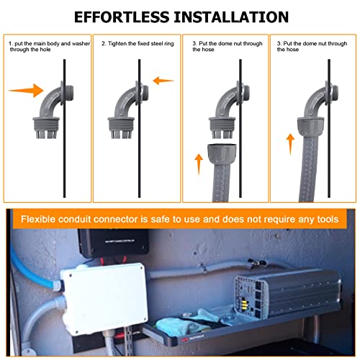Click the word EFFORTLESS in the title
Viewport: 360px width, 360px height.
[x=122, y=17]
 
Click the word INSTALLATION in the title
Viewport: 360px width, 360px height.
[x=231, y=17]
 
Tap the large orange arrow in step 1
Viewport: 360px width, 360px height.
[x=26, y=91]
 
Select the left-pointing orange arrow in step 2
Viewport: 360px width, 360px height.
[x=163, y=81]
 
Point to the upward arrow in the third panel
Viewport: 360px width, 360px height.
[x=199, y=164]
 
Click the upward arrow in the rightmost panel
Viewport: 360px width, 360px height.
[x=290, y=144]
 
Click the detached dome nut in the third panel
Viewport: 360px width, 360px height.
[x=222, y=154]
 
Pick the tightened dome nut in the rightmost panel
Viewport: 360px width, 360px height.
[x=311, y=127]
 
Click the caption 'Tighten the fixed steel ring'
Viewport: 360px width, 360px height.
[x=138, y=44]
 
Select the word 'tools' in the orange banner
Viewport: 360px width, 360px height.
[x=328, y=220]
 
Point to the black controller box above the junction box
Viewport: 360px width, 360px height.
[x=113, y=243]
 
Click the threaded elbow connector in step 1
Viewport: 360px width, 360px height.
[x=53, y=110]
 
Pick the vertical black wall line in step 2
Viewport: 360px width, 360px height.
[x=139, y=128]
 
